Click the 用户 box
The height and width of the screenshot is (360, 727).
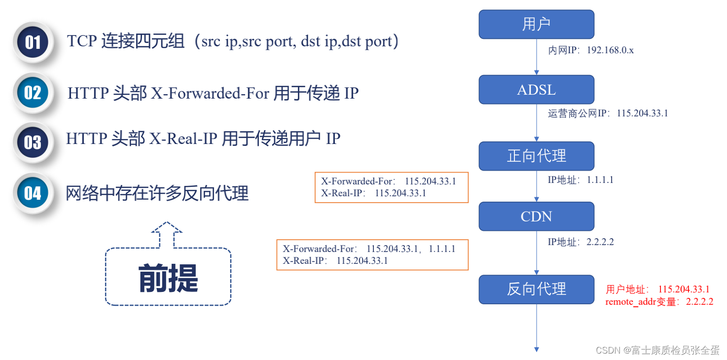coord(536,24)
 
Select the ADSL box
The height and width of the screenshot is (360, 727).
coord(536,89)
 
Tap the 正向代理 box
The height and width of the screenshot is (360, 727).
coord(536,156)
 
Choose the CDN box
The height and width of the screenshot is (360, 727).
coord(536,216)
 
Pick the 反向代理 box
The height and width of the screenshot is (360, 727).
coord(536,289)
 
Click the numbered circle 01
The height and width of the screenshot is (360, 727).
coord(33,42)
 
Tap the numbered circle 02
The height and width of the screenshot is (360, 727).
coord(33,93)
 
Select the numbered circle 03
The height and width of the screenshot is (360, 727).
coord(33,143)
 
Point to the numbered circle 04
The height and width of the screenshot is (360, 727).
coord(33,193)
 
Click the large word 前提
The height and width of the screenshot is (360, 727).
coord(168,278)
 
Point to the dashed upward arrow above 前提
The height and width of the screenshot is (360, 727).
coord(167,235)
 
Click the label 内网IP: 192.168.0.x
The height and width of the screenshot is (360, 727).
coord(591,50)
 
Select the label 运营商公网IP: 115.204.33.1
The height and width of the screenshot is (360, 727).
coord(608,113)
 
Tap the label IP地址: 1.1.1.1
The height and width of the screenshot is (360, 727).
coord(581,180)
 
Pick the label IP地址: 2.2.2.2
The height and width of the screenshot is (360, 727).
coord(581,242)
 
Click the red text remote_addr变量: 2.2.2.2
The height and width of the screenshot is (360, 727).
coord(659,302)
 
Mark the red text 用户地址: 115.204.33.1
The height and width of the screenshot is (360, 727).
coord(657,289)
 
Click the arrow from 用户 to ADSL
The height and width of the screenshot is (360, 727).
coord(536,57)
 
